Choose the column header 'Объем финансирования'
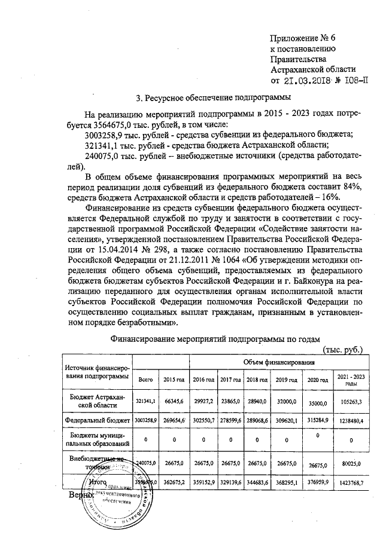click(279, 363)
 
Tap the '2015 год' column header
click(174, 380)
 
